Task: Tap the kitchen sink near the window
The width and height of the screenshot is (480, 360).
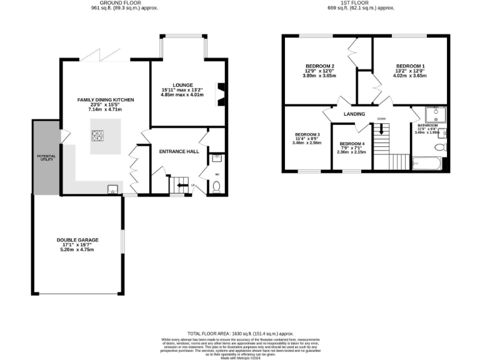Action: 112,189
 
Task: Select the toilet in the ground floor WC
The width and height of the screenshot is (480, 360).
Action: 216,186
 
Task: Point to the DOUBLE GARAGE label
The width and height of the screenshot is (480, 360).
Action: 77,239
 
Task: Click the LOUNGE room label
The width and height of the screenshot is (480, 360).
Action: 183,85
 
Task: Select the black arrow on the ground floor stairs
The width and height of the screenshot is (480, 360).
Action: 181,185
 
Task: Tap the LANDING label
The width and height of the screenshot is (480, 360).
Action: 354,114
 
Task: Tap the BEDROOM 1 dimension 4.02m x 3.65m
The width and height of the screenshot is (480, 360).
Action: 410,76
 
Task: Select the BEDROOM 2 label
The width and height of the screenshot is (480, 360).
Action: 319,66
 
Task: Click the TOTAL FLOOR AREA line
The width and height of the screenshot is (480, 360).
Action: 240,334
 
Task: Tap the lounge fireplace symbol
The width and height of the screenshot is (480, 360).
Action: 219,94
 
